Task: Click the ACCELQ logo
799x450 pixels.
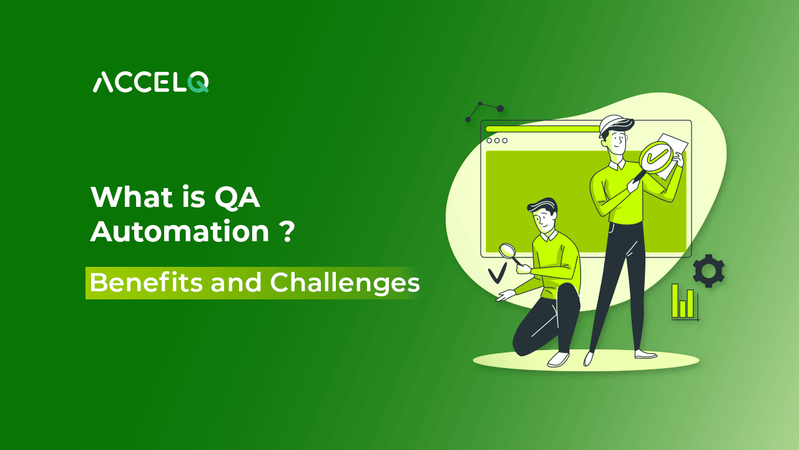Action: click(150, 82)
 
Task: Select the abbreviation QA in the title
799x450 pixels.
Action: click(237, 197)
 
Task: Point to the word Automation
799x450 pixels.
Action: click(180, 232)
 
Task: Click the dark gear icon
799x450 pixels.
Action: click(708, 271)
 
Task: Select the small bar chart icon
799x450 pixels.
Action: click(684, 302)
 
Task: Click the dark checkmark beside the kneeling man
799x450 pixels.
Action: click(497, 273)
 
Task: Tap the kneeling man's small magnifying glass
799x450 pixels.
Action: click(507, 251)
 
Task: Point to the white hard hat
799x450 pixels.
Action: click(612, 125)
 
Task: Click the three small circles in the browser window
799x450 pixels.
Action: click(497, 141)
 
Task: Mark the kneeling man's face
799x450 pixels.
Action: click(545, 219)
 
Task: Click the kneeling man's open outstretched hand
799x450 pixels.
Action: click(503, 297)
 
